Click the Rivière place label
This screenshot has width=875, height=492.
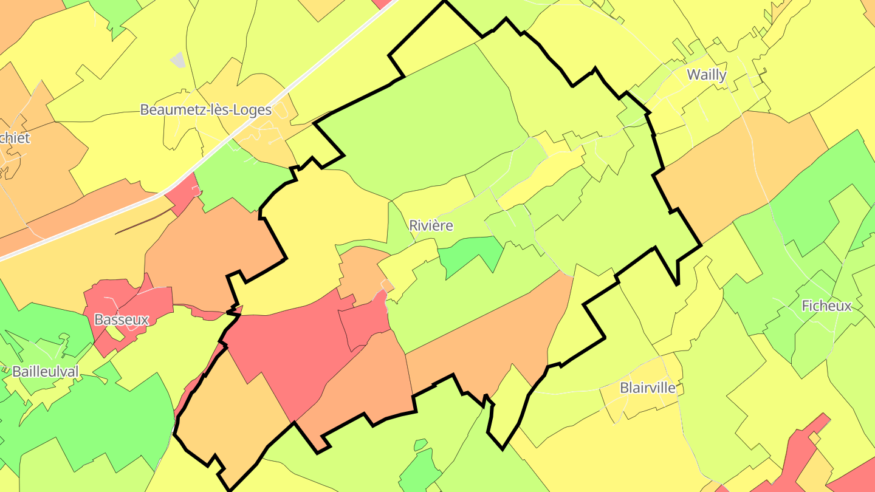(431, 225)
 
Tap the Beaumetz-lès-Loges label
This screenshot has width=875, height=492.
(205, 109)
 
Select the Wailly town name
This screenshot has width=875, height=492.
(706, 75)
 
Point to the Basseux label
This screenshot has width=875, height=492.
(122, 319)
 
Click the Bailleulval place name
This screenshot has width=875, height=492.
(46, 371)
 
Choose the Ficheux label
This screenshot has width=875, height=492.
(826, 306)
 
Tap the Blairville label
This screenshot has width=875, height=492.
(648, 388)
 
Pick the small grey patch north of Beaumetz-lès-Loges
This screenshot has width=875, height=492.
(178, 60)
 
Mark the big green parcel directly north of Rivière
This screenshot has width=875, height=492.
(425, 121)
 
